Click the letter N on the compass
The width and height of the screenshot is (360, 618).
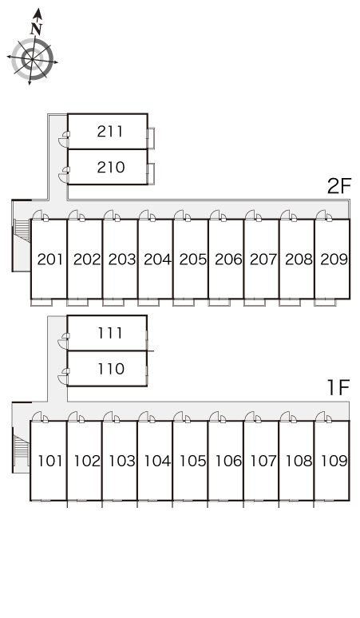[x=36, y=29]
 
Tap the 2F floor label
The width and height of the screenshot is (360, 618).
[x=338, y=186]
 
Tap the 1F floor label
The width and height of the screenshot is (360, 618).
[x=338, y=387]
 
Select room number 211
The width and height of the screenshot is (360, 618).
[x=110, y=131]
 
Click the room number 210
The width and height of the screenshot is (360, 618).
[x=111, y=167]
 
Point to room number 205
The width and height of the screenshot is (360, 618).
[x=192, y=259]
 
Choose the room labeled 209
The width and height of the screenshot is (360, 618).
[x=334, y=259]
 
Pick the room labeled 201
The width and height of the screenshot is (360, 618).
[x=50, y=259]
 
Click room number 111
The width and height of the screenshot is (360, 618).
[x=110, y=333]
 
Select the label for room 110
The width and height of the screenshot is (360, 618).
[x=111, y=369]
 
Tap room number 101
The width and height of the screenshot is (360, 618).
[x=50, y=461]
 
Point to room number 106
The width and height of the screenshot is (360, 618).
[x=229, y=461]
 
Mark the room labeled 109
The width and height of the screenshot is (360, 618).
[x=334, y=461]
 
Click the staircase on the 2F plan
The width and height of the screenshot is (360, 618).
[x=22, y=231]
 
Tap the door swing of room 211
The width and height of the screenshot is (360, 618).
[x=63, y=140]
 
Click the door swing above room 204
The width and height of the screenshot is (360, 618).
[x=144, y=215]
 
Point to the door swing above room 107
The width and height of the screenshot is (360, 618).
[x=251, y=416]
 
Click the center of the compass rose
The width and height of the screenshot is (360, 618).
[x=32, y=59]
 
